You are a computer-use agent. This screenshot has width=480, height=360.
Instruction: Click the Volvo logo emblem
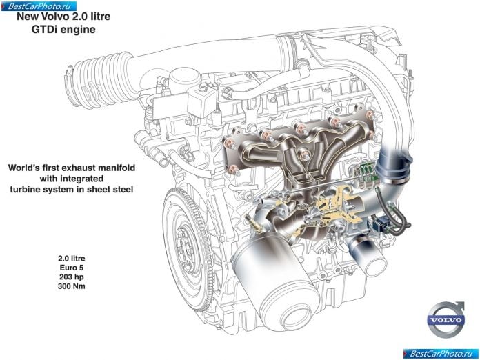[446, 319]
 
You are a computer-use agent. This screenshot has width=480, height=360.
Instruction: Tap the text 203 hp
[71, 277]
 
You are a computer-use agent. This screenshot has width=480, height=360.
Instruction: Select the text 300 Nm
[71, 286]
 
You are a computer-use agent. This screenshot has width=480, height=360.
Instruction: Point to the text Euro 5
[71, 268]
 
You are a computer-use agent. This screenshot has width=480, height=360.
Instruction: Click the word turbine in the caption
[24, 190]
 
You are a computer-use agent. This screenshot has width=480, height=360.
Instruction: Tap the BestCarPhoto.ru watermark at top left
[39, 6]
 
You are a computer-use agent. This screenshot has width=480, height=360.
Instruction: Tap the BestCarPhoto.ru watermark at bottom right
[441, 354]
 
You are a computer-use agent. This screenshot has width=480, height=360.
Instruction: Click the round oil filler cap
[183, 79]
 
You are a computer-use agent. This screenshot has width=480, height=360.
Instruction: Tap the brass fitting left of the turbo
[254, 223]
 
